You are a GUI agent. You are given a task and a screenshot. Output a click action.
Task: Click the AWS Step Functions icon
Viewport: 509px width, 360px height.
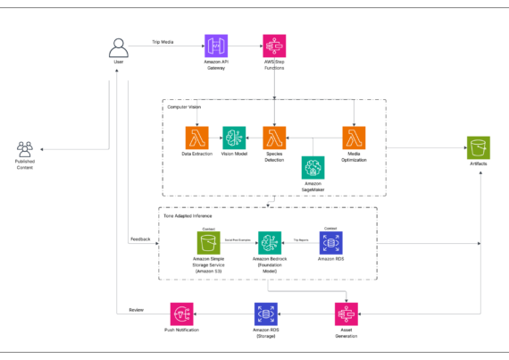click(274, 47)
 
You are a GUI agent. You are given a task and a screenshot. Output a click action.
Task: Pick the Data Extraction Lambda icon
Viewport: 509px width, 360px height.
click(196, 138)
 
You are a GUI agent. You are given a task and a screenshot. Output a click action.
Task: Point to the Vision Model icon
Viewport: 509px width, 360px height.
click(235, 138)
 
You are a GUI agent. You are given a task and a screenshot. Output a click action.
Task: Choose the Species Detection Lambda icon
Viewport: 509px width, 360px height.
click(274, 138)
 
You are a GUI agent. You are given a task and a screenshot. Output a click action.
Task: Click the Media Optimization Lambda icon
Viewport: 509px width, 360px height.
click(355, 138)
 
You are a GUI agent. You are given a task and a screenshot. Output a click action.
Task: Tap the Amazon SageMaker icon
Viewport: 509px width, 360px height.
click(313, 167)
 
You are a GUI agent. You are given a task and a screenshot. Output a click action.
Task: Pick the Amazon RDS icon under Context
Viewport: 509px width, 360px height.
click(330, 242)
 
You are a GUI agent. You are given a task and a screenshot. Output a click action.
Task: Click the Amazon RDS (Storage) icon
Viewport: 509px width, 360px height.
click(266, 314)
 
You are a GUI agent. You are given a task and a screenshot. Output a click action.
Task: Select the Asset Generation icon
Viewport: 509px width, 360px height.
click(346, 314)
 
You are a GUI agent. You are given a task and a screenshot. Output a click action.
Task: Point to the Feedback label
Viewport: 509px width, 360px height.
click(141, 239)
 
